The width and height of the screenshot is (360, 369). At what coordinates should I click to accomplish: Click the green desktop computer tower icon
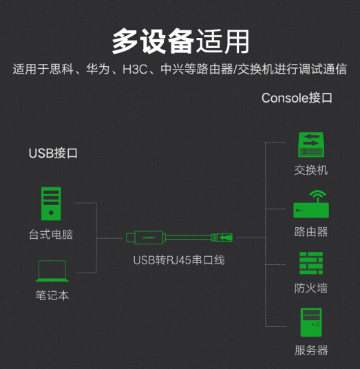coord(51,204)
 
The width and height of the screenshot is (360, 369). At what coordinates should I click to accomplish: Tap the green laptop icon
coord(52,271)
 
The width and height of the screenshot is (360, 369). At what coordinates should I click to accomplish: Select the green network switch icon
coord(311,145)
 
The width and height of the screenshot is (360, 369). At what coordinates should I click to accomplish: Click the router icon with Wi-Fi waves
coord(311,204)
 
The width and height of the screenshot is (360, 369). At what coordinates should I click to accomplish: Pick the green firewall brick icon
coord(311,263)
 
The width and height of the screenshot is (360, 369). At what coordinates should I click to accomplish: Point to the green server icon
coord(311,322)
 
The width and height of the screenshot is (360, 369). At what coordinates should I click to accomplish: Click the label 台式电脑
coord(51,235)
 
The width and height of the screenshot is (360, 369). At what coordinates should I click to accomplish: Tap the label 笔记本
coord(52,295)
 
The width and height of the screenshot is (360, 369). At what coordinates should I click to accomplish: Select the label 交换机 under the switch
coord(311,170)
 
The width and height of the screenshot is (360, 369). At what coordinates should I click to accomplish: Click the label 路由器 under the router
coord(311,232)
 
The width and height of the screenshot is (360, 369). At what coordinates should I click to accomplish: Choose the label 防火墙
coord(311,288)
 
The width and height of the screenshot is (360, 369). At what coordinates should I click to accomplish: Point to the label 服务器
coord(311,350)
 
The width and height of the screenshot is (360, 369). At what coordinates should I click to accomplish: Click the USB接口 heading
coord(53,154)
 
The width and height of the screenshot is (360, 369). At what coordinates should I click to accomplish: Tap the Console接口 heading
coord(297,98)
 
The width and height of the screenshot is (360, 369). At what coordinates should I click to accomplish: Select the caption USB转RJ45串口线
coord(179,260)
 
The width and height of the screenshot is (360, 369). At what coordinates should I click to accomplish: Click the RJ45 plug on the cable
coord(222,238)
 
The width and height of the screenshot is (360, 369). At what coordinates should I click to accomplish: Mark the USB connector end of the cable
coord(130,238)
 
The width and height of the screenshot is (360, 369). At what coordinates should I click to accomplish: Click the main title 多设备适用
coord(180,41)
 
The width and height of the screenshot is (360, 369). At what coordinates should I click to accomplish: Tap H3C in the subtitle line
coord(135,69)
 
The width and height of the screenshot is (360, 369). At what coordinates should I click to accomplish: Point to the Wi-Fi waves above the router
coord(317,193)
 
